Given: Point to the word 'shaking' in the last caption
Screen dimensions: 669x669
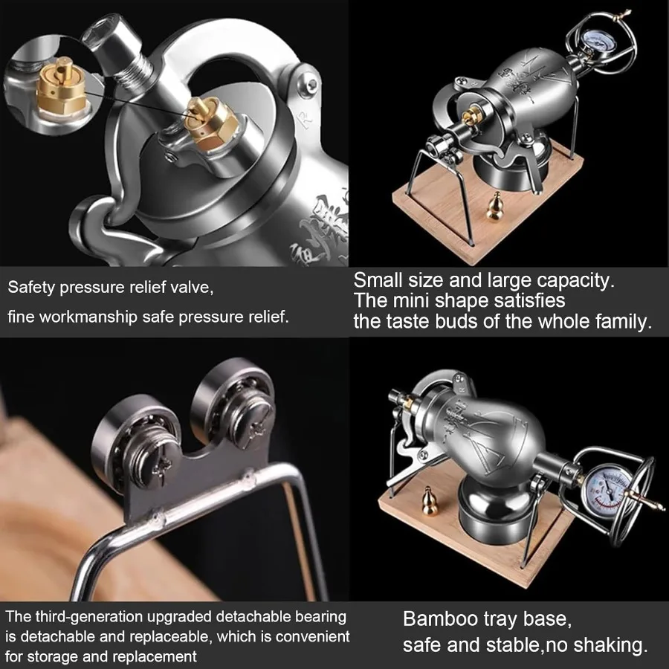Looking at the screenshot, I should pyautogui.click(x=609, y=645).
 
